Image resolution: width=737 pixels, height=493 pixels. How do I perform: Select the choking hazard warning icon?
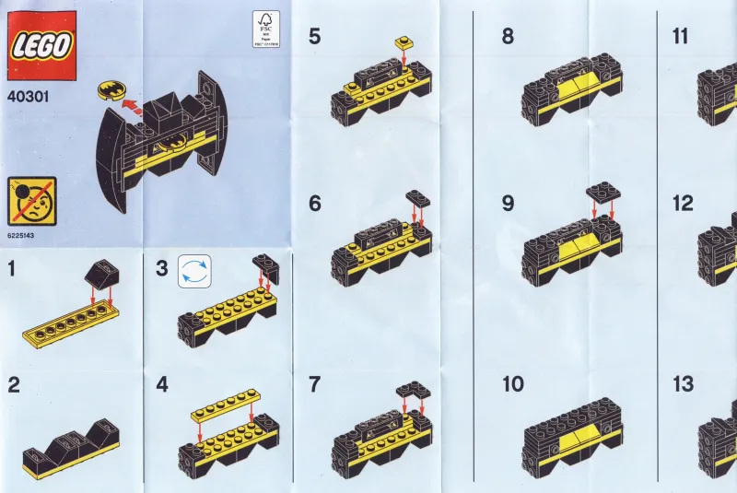pos(30,200)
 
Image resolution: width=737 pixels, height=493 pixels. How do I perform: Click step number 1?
pos(11,269)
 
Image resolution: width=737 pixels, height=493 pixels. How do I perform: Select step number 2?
pos(13,385)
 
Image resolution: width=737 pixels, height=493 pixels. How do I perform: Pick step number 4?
pos(162,385)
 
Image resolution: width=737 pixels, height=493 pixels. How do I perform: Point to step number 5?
pos(315,37)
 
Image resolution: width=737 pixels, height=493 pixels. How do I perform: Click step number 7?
pos(315,385)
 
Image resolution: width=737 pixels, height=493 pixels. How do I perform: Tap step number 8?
pos(508,37)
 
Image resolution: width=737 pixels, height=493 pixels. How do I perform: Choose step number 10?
pos(513,385)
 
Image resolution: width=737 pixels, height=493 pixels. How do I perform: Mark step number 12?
pos(683,204)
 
